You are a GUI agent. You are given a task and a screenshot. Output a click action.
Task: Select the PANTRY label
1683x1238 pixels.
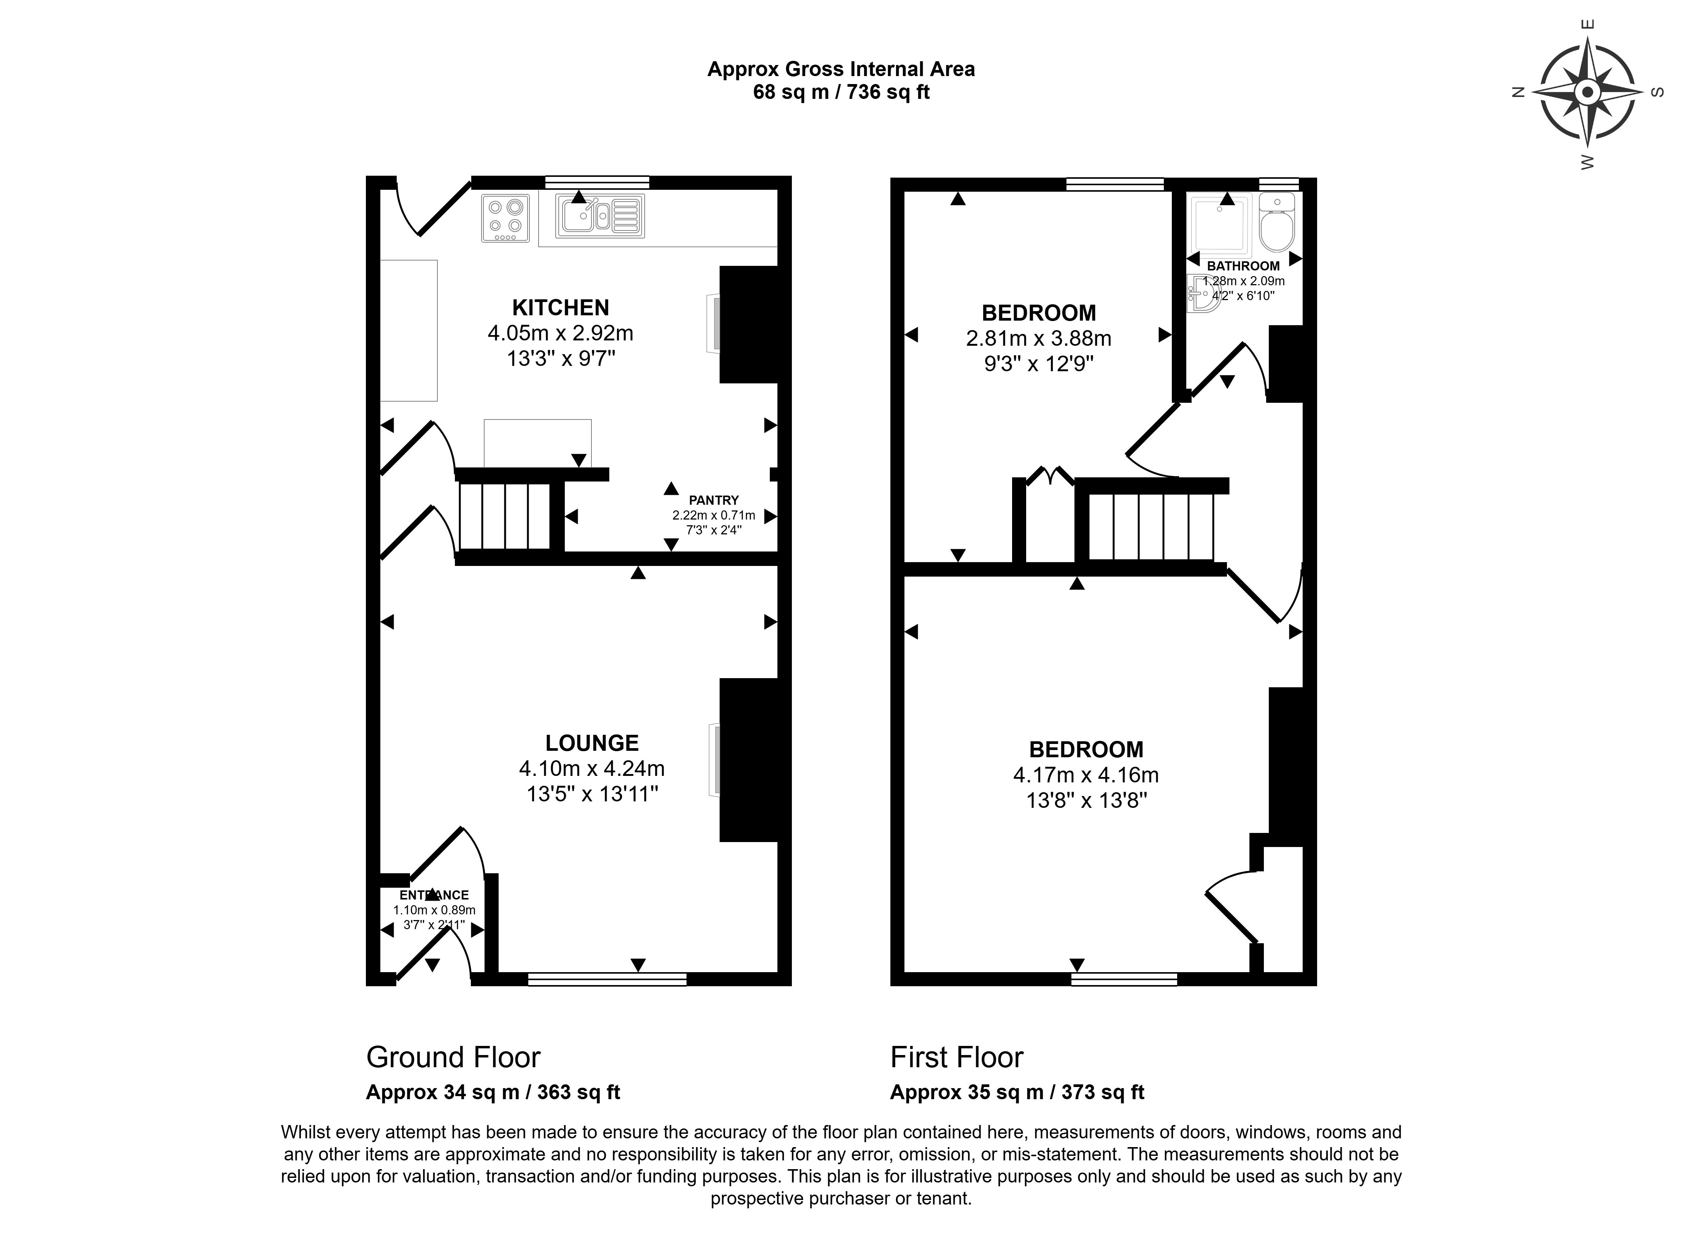[x=714, y=500]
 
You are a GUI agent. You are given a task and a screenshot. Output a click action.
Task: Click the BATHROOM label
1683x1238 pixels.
[x=1243, y=266]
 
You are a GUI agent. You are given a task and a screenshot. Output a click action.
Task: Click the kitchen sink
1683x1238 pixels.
[x=599, y=216]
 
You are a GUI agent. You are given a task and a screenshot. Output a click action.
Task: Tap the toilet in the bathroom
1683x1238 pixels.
[x=1276, y=222]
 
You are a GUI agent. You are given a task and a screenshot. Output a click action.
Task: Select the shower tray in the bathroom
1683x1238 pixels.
[x=1219, y=223]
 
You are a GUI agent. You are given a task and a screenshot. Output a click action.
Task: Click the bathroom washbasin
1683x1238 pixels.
[x=1201, y=294]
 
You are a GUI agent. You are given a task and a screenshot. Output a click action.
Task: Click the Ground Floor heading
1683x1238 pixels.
[x=453, y=1057]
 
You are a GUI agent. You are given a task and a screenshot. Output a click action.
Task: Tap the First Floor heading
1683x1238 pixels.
[x=956, y=1057]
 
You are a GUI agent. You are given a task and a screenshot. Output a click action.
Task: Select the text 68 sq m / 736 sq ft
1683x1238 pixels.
[x=841, y=92]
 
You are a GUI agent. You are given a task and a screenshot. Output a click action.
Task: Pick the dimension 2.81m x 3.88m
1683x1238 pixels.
[x=1038, y=339]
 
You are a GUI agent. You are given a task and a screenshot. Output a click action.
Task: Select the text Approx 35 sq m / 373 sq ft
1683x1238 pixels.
[x=1017, y=1093]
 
